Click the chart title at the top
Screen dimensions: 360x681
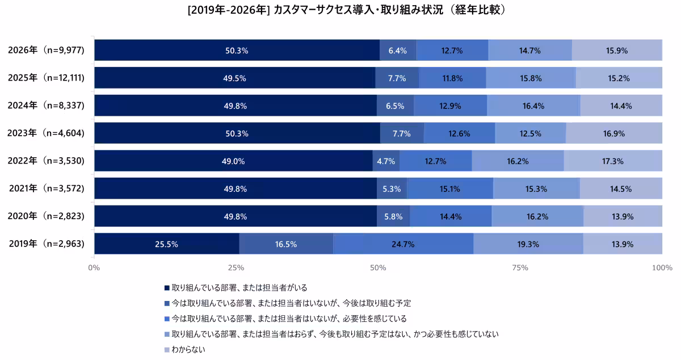pyautogui.click(x=340, y=10)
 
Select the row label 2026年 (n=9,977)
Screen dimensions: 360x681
pyautogui.click(x=46, y=50)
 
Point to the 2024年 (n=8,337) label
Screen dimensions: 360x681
pyautogui.click(x=46, y=106)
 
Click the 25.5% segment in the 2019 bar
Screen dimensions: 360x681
pyautogui.click(x=167, y=244)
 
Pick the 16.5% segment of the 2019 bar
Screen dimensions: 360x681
pyautogui.click(x=286, y=244)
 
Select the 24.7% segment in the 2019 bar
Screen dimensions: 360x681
pyautogui.click(x=403, y=244)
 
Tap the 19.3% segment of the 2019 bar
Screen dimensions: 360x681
pyautogui.click(x=528, y=244)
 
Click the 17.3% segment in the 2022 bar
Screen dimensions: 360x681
pyautogui.click(x=612, y=161)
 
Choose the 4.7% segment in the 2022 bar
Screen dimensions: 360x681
pyautogui.click(x=386, y=161)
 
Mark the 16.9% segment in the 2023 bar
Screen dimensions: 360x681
pyautogui.click(x=613, y=133)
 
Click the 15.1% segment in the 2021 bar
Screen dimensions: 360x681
pyautogui.click(x=450, y=189)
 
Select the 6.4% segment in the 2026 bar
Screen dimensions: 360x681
pyautogui.click(x=398, y=50)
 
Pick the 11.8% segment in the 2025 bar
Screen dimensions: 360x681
pyautogui.click(x=452, y=78)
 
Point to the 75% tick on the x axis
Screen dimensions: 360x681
pyautogui.click(x=520, y=267)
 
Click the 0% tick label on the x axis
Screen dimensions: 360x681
pyautogui.click(x=94, y=267)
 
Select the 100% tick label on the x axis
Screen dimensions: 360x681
pyautogui.click(x=661, y=267)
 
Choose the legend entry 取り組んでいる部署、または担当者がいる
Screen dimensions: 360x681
pyautogui.click(x=239, y=288)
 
